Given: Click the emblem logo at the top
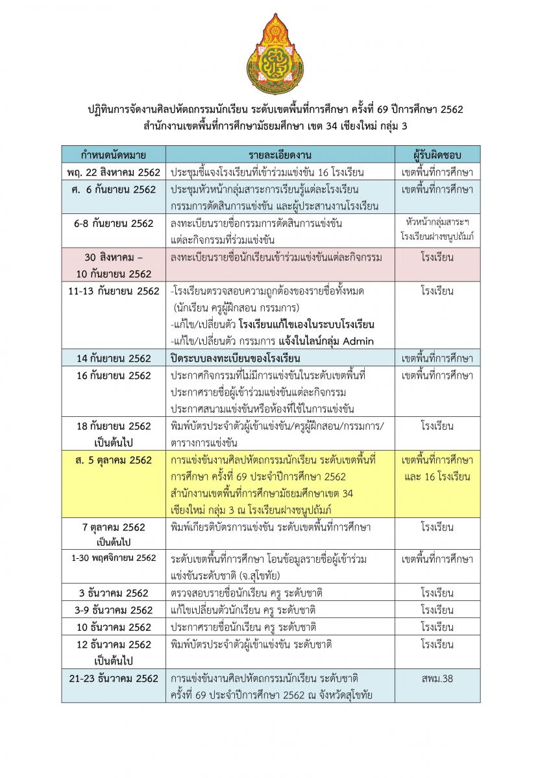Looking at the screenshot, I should [275, 54].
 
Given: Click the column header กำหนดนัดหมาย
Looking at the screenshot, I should [114, 154].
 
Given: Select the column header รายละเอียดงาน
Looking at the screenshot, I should [280, 154].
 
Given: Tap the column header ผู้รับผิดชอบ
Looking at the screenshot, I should [437, 154].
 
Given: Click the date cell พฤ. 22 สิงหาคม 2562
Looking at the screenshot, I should [114, 172].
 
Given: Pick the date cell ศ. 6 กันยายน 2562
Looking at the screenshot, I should [114, 189].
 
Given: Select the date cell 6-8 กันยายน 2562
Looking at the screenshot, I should [114, 223].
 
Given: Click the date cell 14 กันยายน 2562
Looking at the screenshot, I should [114, 358].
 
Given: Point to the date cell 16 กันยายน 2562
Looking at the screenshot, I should [114, 375].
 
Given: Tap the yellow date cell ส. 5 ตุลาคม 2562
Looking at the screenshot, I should [114, 460].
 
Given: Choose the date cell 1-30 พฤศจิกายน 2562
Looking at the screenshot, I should [114, 558].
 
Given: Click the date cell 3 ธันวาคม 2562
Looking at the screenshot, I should [114, 593].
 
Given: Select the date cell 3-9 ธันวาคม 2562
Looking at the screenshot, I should [114, 610].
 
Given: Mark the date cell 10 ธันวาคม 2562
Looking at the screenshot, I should [114, 628].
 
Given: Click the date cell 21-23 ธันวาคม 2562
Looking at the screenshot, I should [114, 679].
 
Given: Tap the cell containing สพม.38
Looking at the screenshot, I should [437, 679].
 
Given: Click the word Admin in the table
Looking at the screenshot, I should [359, 342].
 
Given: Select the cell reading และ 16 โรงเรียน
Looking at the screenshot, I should [437, 477].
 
